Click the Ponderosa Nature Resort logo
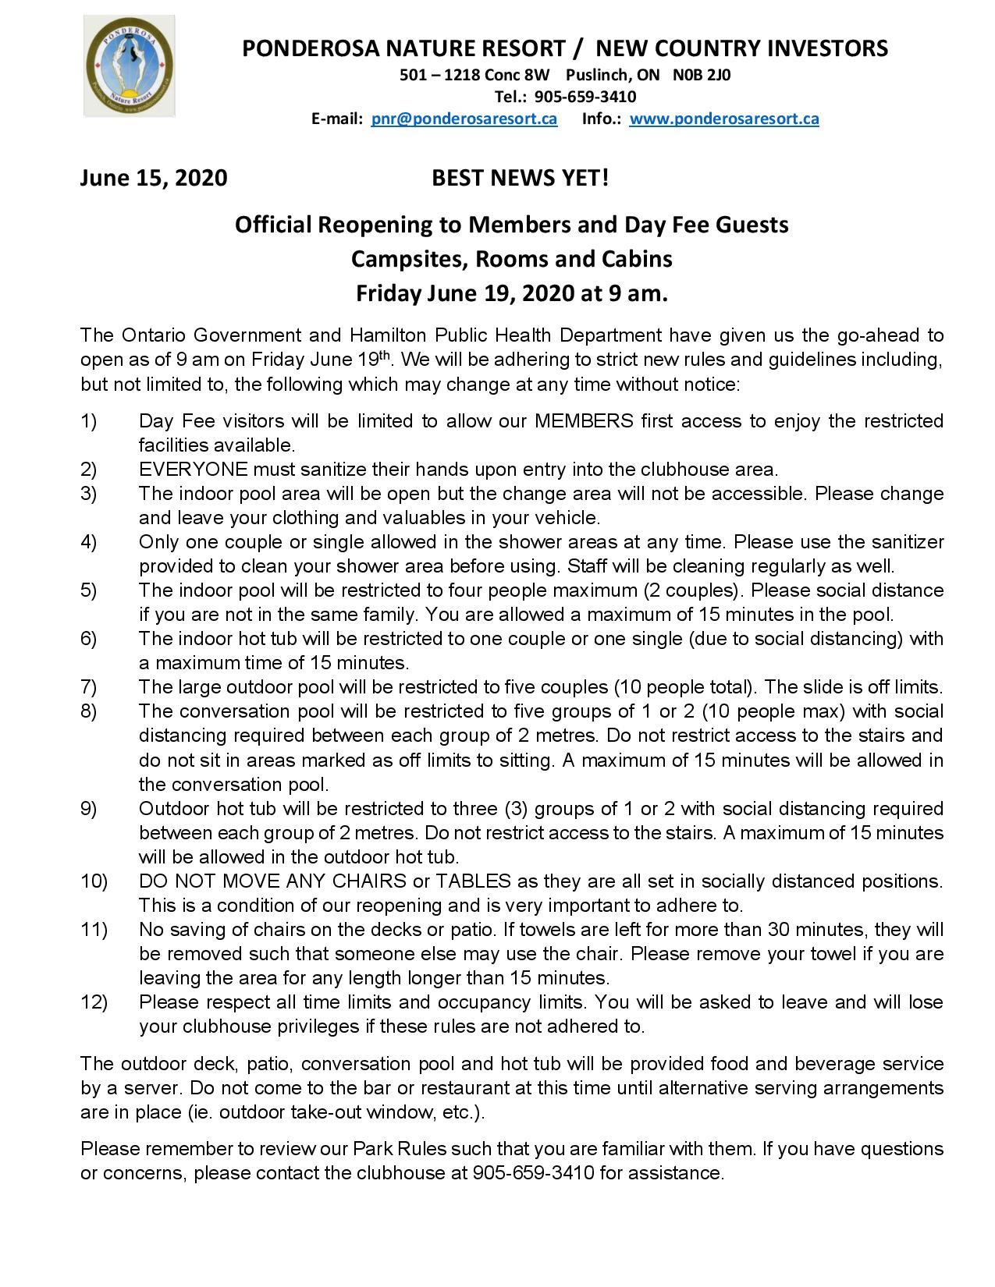coord(130,69)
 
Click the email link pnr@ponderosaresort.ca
coord(464,119)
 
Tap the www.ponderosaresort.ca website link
coord(723,119)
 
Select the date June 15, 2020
coord(153,179)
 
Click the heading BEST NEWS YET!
coord(520,179)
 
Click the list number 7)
coord(88,687)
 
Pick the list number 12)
coord(94,1002)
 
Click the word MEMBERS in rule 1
coord(584,421)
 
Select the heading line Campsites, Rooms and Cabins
coord(511,258)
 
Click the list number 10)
coord(94,881)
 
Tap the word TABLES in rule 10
coord(473,881)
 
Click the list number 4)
coord(88,542)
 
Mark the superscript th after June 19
coord(384,355)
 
